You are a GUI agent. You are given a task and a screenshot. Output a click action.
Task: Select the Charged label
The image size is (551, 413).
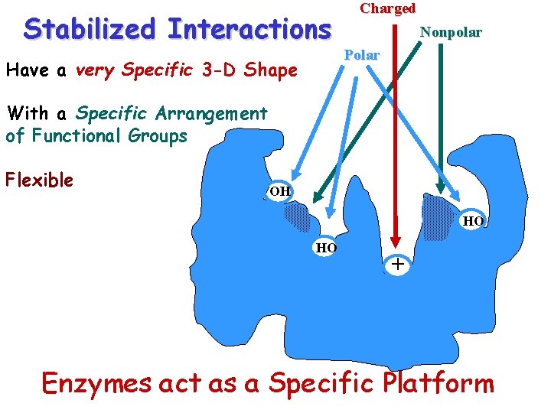pyautogui.click(x=387, y=8)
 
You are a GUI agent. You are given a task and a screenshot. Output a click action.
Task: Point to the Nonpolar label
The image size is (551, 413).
pyautogui.click(x=451, y=32)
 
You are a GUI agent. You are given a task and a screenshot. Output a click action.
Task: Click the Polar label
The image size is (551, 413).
pyautogui.click(x=361, y=56)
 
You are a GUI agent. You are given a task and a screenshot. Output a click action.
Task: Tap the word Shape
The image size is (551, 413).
pyautogui.click(x=272, y=71)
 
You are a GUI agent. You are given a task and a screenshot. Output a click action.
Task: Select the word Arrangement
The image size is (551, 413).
pyautogui.click(x=211, y=114)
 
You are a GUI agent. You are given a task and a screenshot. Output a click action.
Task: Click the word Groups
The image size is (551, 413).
pyautogui.click(x=161, y=136)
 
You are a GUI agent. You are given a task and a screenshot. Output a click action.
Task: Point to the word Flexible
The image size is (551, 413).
pyautogui.click(x=39, y=180)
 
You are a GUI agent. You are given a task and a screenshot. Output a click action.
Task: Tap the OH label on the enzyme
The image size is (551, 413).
pyautogui.click(x=279, y=190)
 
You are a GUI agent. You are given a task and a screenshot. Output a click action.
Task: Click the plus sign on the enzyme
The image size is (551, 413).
pyautogui.click(x=396, y=265)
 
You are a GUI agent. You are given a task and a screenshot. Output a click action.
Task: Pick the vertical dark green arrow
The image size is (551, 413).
pyautogui.click(x=442, y=115)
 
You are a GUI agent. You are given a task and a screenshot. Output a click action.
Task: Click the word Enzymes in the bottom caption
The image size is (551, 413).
pyautogui.click(x=96, y=382)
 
